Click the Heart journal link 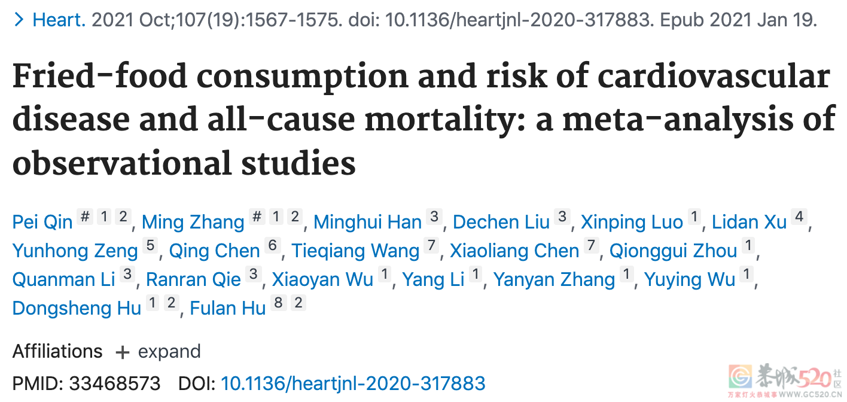pyautogui.click(x=59, y=20)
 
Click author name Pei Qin pyautogui.click(x=42, y=223)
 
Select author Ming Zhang pyautogui.click(x=193, y=223)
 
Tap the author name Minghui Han pyautogui.click(x=367, y=223)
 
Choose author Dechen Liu pyautogui.click(x=501, y=223)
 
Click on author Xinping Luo pyautogui.click(x=632, y=223)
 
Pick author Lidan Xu pyautogui.click(x=749, y=223)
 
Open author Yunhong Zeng pyautogui.click(x=75, y=251)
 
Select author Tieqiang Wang pyautogui.click(x=355, y=251)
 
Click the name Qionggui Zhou pyautogui.click(x=673, y=251)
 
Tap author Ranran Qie pyautogui.click(x=193, y=279)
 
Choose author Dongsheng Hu pyautogui.click(x=77, y=308)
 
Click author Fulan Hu pyautogui.click(x=227, y=308)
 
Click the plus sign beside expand pyautogui.click(x=122, y=352)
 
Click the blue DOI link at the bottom pyautogui.click(x=353, y=383)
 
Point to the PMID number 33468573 pyautogui.click(x=115, y=383)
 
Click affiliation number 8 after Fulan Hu pyautogui.click(x=278, y=303)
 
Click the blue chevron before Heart pyautogui.click(x=19, y=20)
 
